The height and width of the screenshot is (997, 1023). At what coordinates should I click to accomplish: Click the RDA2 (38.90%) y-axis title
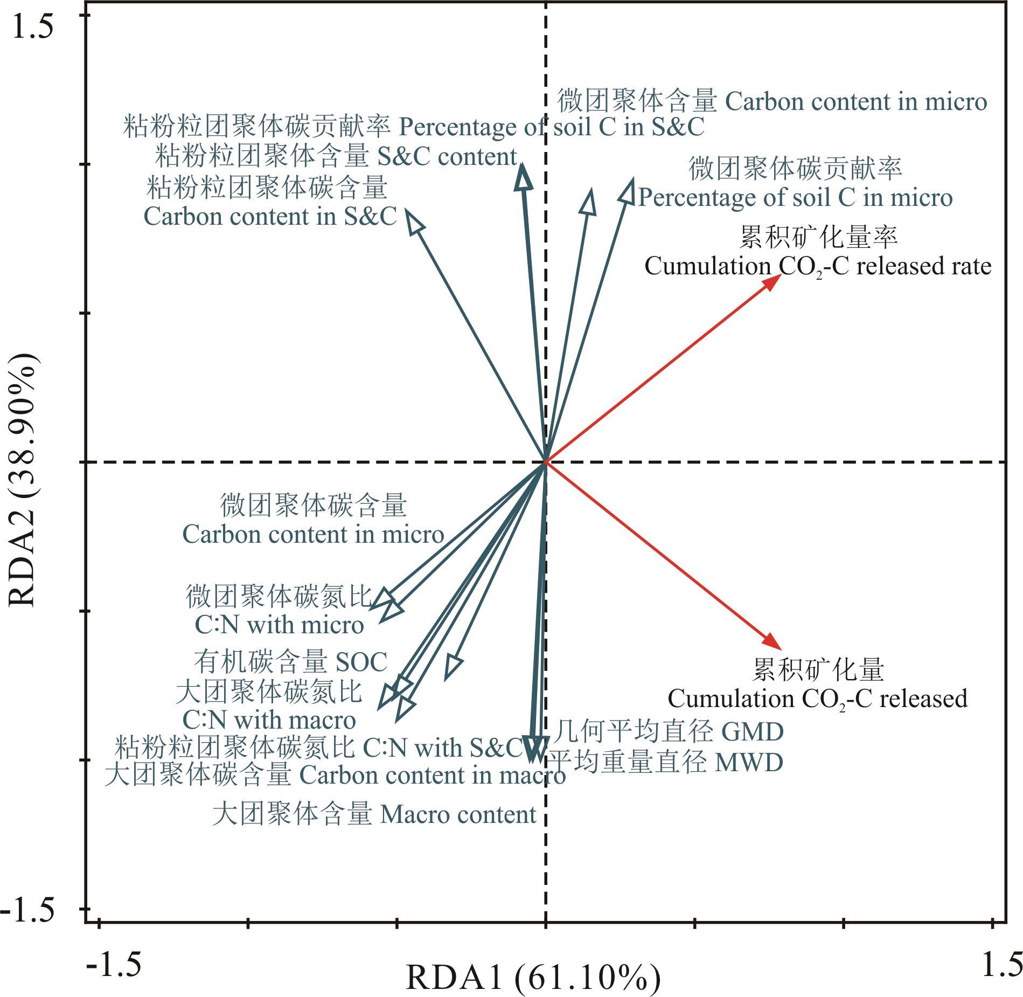(x=23, y=480)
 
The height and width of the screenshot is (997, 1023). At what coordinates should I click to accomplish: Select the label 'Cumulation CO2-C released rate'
(x=817, y=267)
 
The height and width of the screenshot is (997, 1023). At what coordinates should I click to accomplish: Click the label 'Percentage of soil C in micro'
(x=795, y=198)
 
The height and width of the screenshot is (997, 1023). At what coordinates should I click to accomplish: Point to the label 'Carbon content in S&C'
(x=270, y=217)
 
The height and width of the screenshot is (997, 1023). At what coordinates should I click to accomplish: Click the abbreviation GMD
(x=752, y=732)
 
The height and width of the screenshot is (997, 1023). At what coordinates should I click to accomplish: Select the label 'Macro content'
(x=458, y=814)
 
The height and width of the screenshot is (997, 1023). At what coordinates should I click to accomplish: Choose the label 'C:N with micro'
(x=279, y=625)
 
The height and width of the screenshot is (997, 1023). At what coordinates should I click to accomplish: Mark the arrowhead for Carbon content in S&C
(x=414, y=220)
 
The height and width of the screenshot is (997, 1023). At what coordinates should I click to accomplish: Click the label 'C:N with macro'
(x=269, y=720)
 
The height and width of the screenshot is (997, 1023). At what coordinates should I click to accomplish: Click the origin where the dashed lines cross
(x=546, y=462)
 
